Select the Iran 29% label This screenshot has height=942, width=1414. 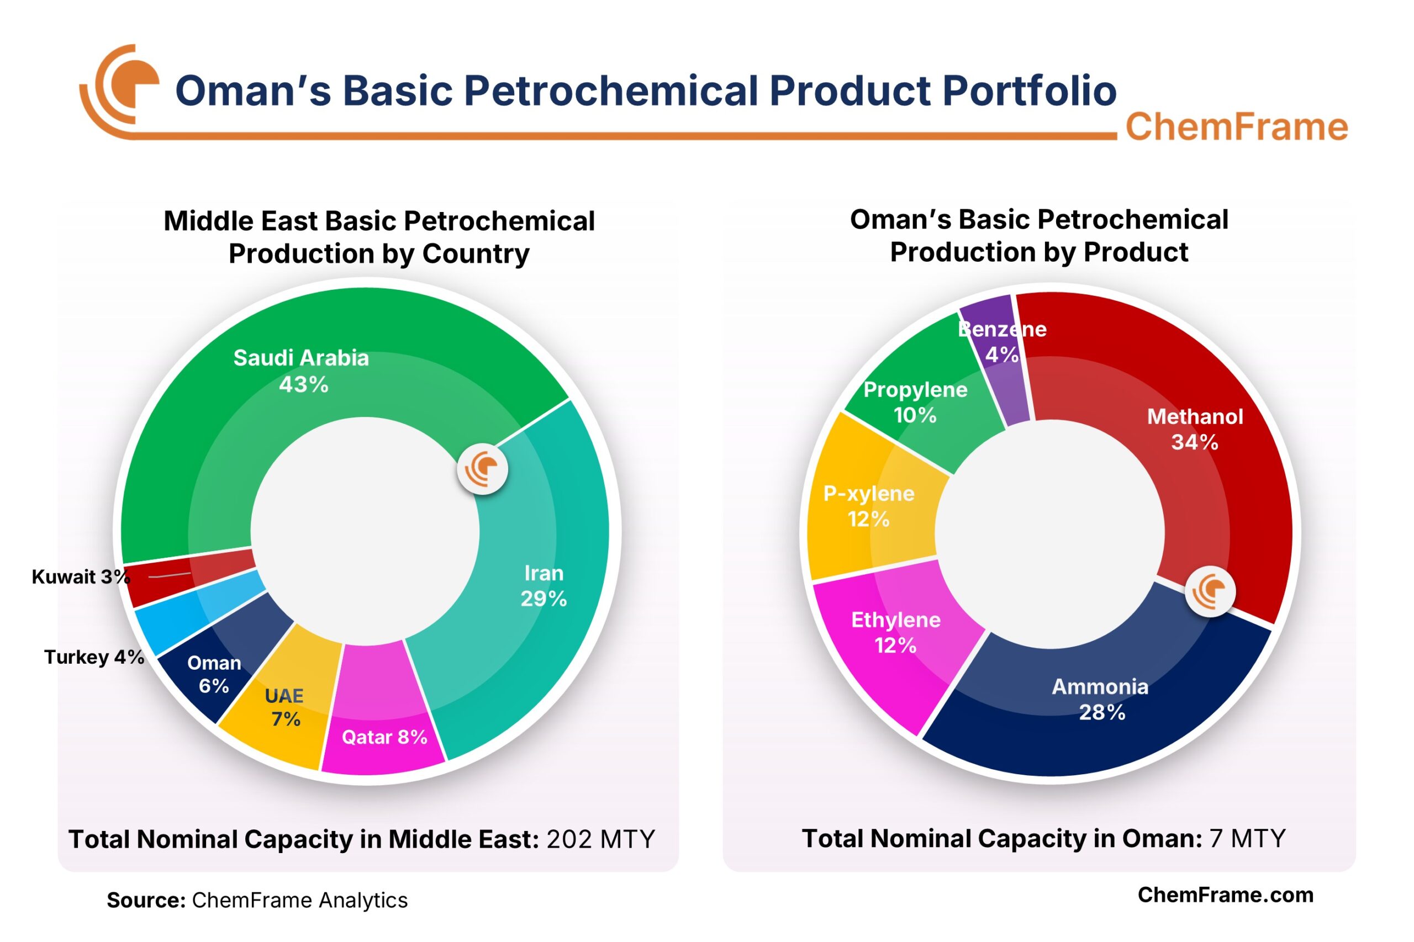(544, 586)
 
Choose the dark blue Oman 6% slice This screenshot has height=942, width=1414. (213, 674)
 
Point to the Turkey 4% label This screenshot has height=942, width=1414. (94, 657)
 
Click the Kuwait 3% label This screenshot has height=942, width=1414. (81, 576)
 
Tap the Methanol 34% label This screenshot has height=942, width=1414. (1194, 429)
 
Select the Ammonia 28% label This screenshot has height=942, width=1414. (1100, 698)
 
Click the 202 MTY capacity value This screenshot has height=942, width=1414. (600, 839)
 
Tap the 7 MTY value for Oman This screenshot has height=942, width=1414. (1247, 839)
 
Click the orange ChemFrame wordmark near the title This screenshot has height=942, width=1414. (1236, 127)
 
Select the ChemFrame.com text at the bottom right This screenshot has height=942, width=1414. (1225, 895)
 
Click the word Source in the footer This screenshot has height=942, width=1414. (145, 901)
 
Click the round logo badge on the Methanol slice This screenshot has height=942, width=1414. (1210, 591)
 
